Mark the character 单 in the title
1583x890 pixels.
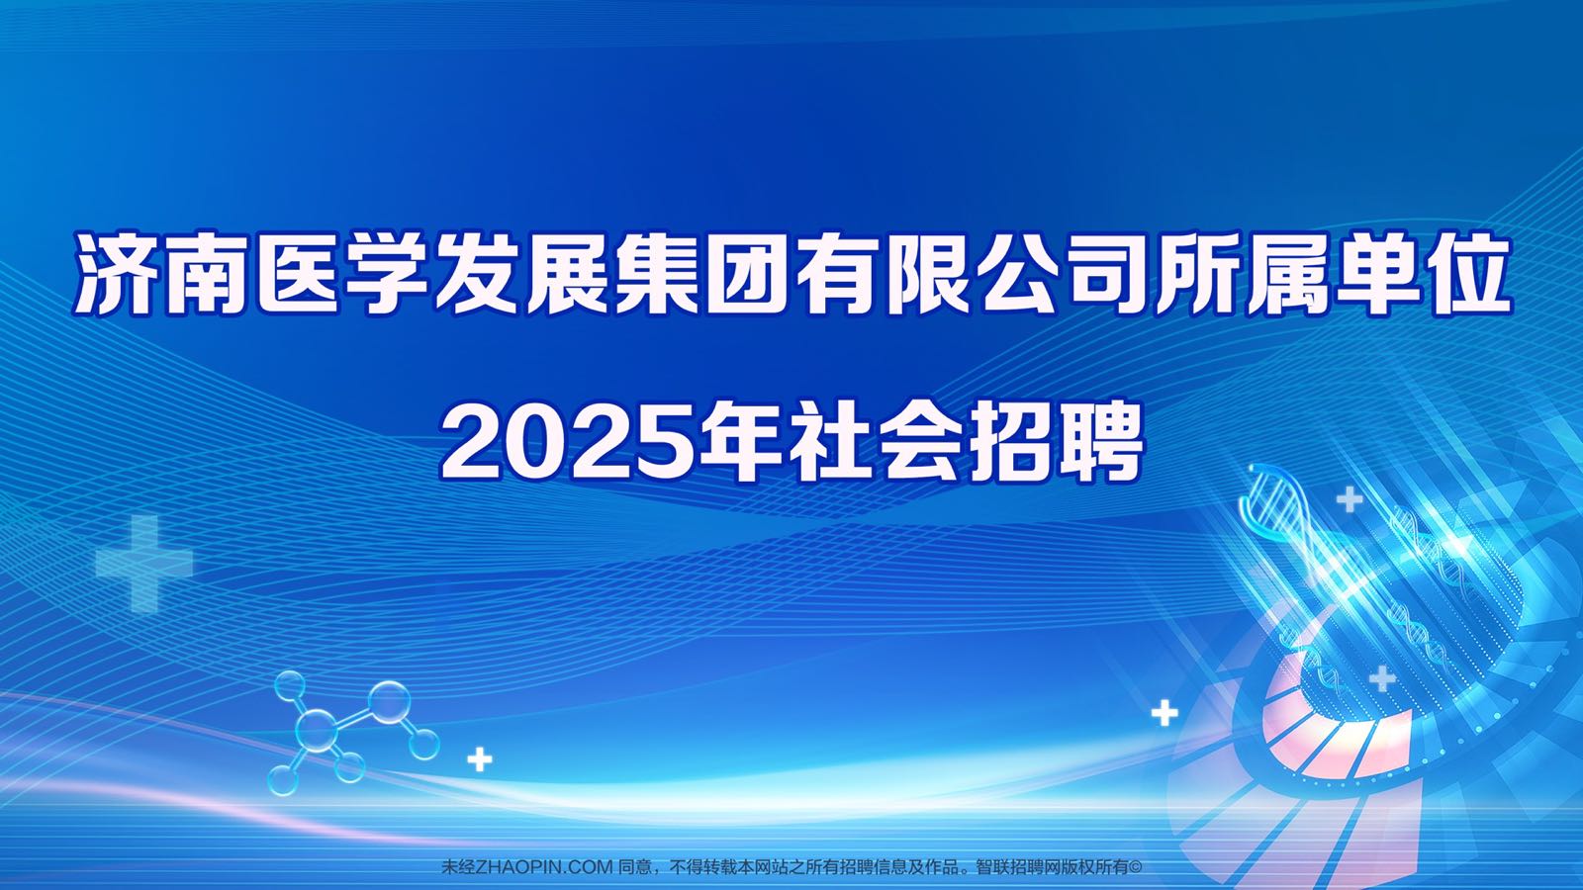[x=1375, y=274]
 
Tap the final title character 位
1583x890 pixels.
[x=1465, y=274]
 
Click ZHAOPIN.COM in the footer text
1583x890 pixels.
[x=543, y=866]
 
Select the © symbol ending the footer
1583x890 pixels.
[x=1135, y=866]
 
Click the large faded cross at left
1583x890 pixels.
[x=144, y=563]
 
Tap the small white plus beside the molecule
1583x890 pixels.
[x=480, y=759]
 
